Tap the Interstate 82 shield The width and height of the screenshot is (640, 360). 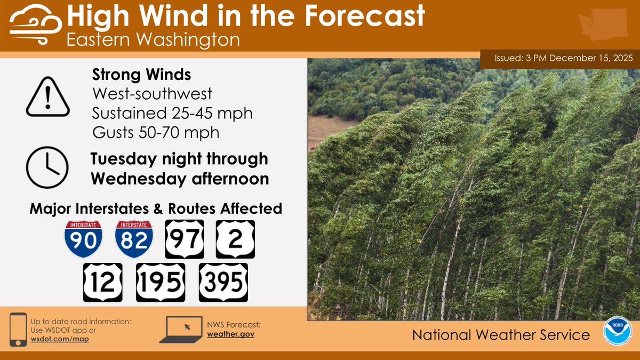pos(134,239)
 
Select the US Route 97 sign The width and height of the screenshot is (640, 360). pos(185,239)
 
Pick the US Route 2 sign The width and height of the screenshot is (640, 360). pos(235,239)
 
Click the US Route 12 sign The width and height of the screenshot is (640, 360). pos(102,282)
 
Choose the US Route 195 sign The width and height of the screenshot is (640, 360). pos(161,282)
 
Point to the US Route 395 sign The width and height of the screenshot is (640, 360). pos(223,282)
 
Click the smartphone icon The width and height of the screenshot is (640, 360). pos(19,329)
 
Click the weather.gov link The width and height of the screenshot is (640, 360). pos(231,334)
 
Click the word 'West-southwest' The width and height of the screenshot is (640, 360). pos(152,94)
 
